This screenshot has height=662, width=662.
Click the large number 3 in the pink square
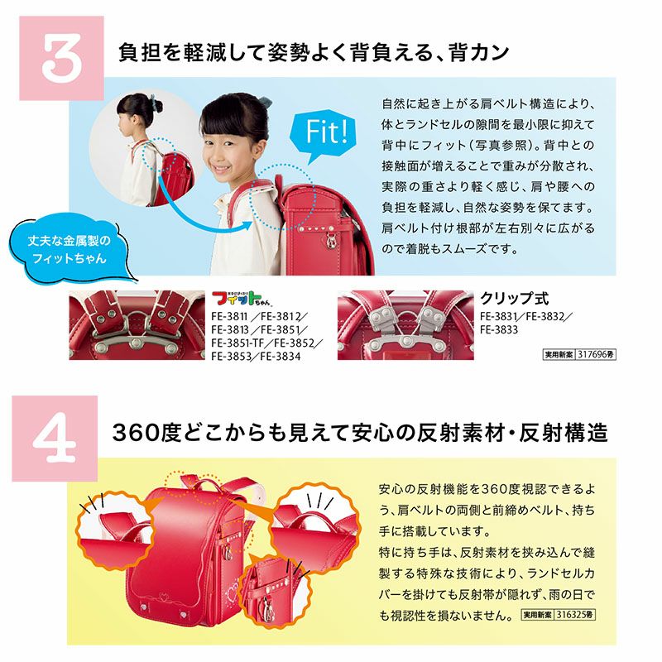pyautogui.click(x=61, y=58)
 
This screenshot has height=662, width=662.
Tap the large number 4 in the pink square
pyautogui.click(x=55, y=439)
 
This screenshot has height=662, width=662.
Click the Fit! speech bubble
pyautogui.click(x=323, y=135)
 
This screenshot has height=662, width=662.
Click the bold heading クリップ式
pyautogui.click(x=514, y=299)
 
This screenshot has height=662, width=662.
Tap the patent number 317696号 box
pyautogui.click(x=579, y=354)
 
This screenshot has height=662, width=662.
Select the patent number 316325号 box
pyautogui.click(x=559, y=614)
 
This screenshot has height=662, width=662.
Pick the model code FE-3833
pyautogui.click(x=499, y=329)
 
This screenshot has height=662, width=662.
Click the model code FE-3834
pyautogui.click(x=281, y=357)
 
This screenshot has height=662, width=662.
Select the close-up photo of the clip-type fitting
pyautogui.click(x=405, y=325)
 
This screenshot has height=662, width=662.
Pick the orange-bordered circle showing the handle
pyautogui.click(x=314, y=525)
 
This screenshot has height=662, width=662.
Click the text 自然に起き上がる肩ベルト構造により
pyautogui.click(x=488, y=104)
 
